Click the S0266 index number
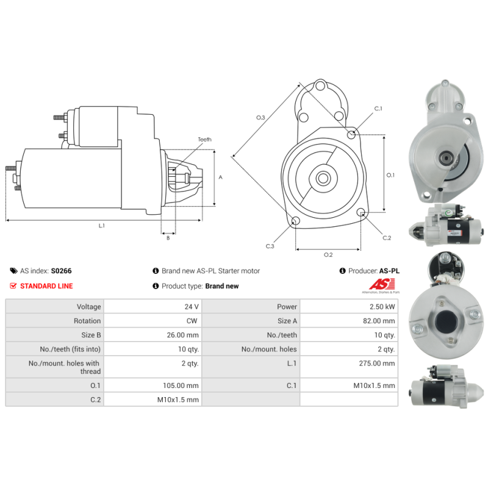62,271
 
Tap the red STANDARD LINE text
46,286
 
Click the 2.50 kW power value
382,307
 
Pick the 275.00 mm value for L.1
377,363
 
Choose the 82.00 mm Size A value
379,321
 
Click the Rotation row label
87,321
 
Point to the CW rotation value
192,321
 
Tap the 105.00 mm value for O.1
181,386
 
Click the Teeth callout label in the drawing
204,140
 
